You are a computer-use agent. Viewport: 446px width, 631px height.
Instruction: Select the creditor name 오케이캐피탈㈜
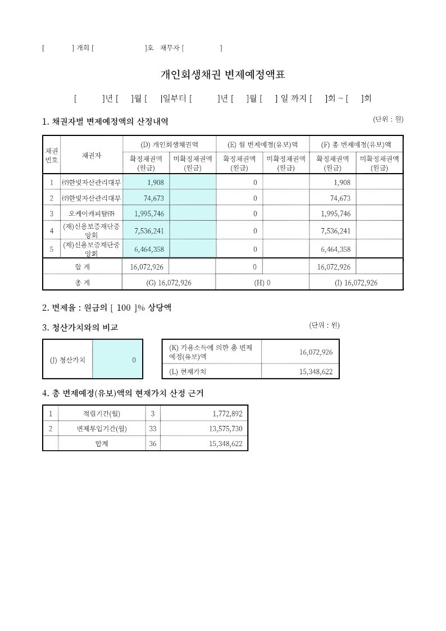(91, 214)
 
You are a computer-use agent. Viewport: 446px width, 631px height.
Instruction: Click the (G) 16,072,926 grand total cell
(169, 283)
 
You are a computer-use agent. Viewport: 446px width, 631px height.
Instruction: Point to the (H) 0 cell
(262, 283)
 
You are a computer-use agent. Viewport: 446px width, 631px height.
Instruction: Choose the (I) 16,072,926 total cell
(356, 283)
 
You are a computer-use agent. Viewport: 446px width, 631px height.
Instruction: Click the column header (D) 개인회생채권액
(169, 144)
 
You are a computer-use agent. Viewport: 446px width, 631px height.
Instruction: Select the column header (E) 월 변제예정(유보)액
(262, 144)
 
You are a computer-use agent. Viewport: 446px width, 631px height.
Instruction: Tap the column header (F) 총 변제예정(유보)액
(356, 144)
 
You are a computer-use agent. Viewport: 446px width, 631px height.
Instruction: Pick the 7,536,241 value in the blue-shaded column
(149, 230)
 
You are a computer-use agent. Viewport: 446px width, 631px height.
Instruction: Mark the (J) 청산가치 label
(67, 360)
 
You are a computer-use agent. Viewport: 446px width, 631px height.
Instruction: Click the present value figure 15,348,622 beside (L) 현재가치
(313, 371)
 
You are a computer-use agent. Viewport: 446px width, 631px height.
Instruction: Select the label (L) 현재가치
(188, 371)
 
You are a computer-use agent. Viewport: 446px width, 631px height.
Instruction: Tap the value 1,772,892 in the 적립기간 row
(227, 414)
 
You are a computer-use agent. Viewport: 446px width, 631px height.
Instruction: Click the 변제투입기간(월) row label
(102, 429)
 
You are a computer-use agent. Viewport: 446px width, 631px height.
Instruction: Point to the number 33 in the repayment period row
(152, 429)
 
